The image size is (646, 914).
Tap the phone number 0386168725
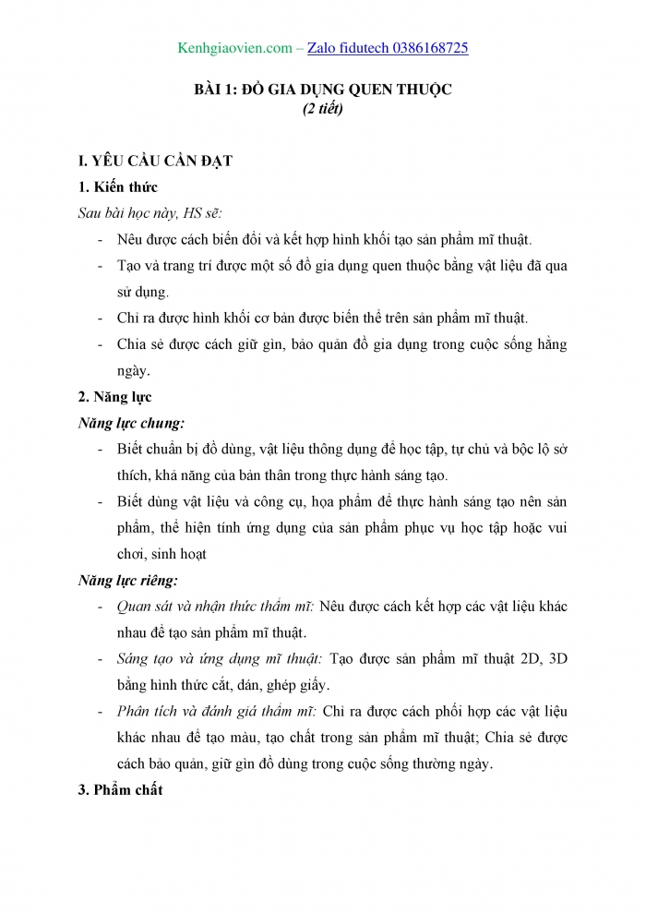(421, 47)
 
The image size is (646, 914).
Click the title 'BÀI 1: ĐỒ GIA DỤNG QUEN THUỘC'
(323, 90)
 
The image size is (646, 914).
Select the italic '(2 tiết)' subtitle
(323, 109)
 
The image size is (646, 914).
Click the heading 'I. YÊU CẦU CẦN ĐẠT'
(155, 161)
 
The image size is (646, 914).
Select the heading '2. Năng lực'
(115, 397)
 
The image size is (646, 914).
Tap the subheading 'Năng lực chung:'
(131, 423)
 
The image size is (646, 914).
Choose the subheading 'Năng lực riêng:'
(128, 581)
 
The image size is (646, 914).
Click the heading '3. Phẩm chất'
(120, 790)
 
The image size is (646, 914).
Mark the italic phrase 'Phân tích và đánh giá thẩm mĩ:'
(218, 712)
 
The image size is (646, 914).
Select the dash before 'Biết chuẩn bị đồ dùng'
(100, 450)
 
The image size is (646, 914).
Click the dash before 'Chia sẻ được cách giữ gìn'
(100, 345)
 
